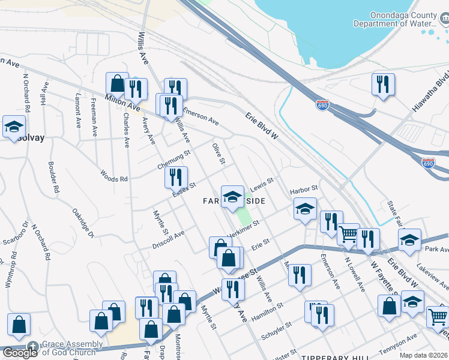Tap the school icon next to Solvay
pos(13,127)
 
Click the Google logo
pos(19,353)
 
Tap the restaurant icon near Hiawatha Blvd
pos(382,85)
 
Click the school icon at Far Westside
pos(232,197)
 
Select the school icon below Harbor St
pos(305,209)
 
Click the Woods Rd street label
pos(114,178)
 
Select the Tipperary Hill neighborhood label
pos(335,357)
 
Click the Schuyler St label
pos(280,328)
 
